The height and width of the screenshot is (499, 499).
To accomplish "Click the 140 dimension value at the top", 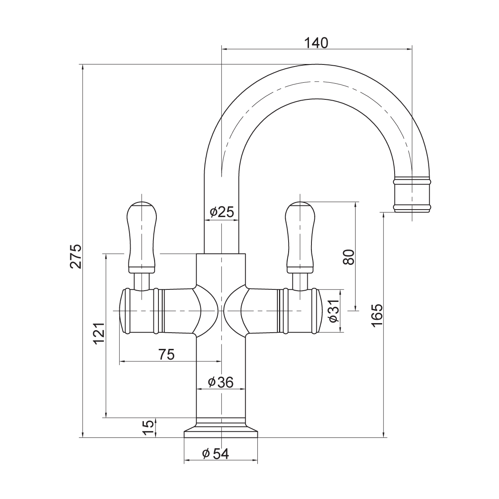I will click(316, 42).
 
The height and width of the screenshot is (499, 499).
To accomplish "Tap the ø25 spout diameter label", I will click(222, 212).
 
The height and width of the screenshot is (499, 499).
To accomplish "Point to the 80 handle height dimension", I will click(348, 257).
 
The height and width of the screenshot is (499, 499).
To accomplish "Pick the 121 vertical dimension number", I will click(99, 333).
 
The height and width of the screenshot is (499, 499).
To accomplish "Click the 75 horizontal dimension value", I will click(166, 355).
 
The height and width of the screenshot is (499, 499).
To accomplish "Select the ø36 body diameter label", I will click(221, 382).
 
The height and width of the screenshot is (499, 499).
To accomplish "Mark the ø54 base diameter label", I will click(216, 454).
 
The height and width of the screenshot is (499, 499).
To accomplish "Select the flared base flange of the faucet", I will click(221, 432).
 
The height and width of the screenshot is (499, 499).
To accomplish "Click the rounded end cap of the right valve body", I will click(319, 311).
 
